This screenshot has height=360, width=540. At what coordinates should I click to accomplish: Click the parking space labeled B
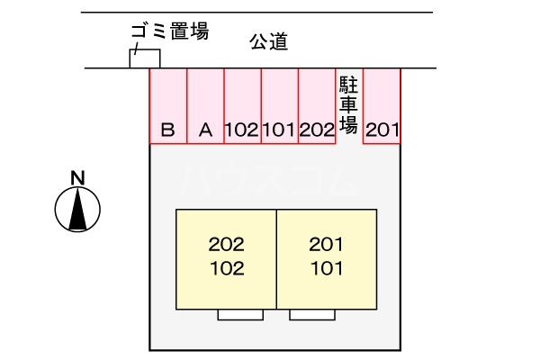coord(167,106)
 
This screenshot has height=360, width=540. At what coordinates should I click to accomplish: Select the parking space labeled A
coord(205,106)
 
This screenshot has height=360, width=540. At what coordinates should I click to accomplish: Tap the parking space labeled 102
coord(242,106)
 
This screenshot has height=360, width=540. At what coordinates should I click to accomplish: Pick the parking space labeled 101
coord(279,106)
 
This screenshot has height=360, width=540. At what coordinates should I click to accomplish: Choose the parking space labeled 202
coord(317,106)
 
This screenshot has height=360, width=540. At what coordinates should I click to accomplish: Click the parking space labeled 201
coord(382,106)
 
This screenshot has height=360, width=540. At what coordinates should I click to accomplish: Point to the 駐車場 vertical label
coord(348,103)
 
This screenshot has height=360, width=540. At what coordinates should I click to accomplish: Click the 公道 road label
coord(268,40)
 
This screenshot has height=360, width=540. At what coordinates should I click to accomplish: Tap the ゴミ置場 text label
coord(169,32)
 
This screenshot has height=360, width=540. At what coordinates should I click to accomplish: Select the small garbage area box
coord(146,58)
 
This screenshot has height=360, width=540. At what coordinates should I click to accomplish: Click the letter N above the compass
coord(78,176)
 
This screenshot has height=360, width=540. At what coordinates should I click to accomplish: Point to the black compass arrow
coord(78,211)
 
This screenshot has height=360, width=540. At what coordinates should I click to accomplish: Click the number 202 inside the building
coord(226,244)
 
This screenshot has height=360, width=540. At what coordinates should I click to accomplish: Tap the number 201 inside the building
coord(327,244)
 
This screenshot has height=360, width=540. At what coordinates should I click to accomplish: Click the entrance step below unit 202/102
coord(240,315)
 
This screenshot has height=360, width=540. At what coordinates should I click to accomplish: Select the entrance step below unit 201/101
coord(312,315)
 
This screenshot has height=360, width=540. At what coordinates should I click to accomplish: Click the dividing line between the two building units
coord(276,259)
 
